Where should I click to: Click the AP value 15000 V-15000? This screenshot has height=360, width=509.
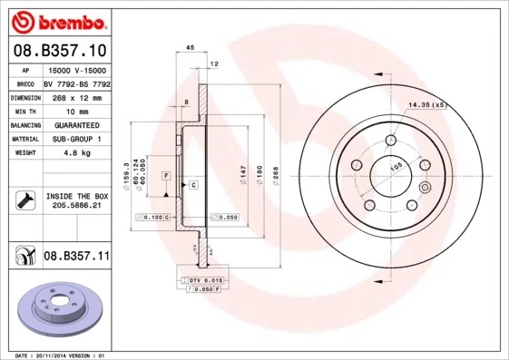(x=76, y=70)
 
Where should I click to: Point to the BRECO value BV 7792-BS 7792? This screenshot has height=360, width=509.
(x=76, y=83)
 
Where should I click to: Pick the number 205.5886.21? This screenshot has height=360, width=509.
(x=75, y=206)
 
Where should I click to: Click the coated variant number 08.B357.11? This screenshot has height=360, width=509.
(x=76, y=258)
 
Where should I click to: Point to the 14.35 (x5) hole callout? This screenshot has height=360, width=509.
(x=428, y=106)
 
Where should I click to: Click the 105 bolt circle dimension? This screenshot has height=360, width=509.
(x=396, y=166)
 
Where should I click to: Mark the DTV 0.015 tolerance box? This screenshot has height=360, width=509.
(x=205, y=280)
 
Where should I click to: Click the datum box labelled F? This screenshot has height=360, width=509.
(x=167, y=174)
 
